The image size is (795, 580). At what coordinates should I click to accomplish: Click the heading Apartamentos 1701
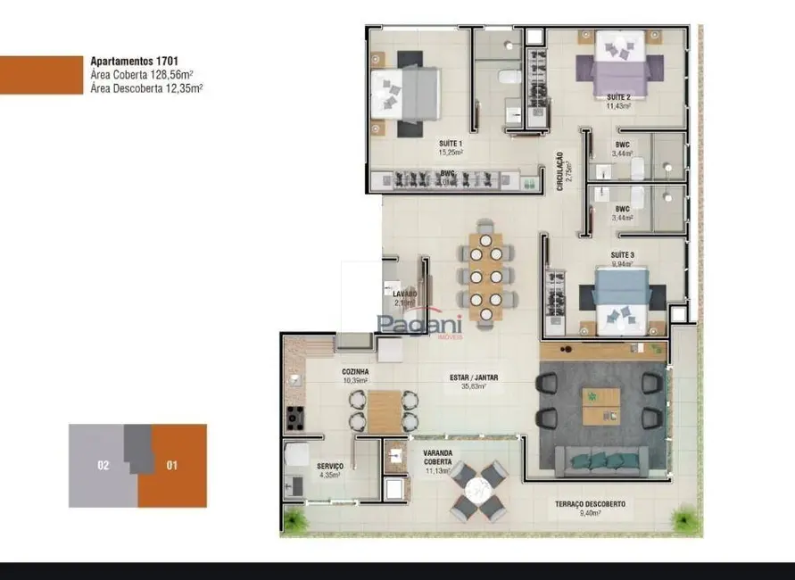tap(128, 62)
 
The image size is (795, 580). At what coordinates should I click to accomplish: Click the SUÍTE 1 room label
tap(450, 147)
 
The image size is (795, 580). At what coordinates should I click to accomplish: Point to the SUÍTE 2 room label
tap(618, 101)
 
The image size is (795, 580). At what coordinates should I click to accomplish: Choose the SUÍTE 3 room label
tap(622, 259)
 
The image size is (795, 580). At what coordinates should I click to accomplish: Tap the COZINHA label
tap(355, 376)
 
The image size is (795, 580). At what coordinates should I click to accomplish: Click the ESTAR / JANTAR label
tap(474, 382)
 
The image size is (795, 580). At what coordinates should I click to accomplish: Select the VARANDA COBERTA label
tap(437, 460)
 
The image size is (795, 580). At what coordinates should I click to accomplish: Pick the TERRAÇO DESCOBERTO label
tap(590, 509)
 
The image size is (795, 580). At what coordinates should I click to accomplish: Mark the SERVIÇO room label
tap(330, 470)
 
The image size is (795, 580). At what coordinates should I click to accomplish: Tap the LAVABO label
tap(404, 297)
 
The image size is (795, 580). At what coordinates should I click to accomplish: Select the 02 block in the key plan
tap(104, 465)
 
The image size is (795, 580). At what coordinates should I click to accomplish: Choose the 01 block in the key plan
tap(172, 465)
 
